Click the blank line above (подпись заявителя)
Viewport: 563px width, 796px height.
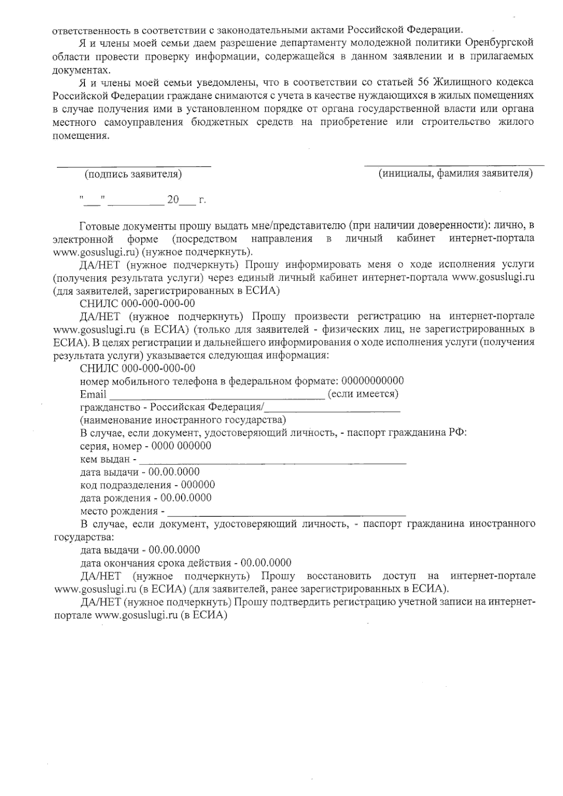134,165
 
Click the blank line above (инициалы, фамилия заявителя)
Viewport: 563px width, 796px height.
454,165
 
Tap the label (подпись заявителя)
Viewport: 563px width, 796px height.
133,174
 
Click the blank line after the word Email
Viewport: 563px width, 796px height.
216,398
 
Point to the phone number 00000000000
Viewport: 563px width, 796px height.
373,380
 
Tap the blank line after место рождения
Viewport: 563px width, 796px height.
286,515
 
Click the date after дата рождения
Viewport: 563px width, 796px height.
186,498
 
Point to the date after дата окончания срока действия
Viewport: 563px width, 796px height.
266,562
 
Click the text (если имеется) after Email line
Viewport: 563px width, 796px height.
363,394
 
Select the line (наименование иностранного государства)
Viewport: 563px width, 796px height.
183,419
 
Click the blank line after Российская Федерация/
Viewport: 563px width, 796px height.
333,411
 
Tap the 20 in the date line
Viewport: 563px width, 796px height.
173,200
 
